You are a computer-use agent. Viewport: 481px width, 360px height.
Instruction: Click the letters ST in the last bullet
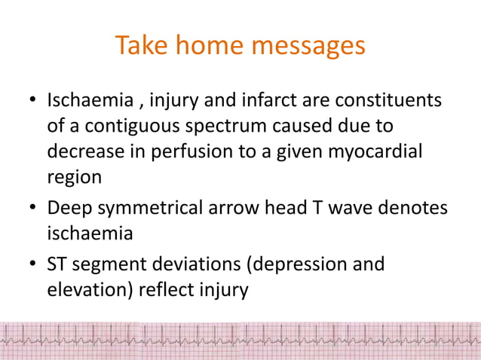pos(57,265)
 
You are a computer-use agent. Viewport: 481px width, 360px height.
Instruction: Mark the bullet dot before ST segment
pos(32,266)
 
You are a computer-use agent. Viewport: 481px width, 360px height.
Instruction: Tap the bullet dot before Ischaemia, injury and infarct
pos(32,101)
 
